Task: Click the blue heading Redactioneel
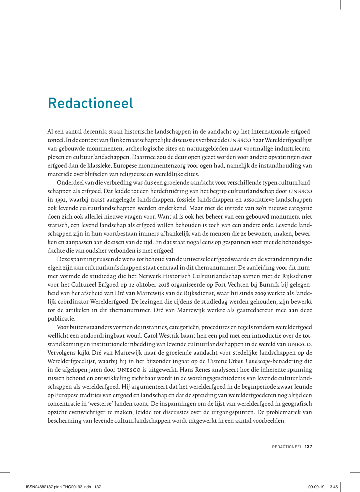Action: (x=90, y=103)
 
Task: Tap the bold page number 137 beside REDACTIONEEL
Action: (x=308, y=446)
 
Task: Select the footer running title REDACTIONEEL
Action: (x=287, y=446)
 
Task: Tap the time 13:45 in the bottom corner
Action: (x=333, y=486)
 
